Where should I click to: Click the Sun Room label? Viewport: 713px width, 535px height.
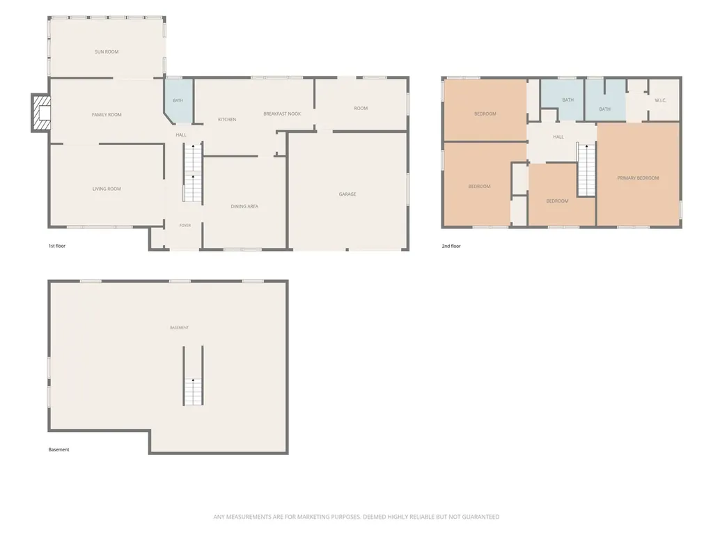pyautogui.click(x=107, y=52)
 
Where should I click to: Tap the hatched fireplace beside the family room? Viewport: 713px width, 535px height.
pyautogui.click(x=40, y=114)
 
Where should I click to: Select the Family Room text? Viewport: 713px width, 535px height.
pyautogui.click(x=107, y=115)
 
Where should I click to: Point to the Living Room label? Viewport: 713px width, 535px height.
pyautogui.click(x=107, y=189)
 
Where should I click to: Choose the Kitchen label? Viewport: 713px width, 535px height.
pyautogui.click(x=227, y=120)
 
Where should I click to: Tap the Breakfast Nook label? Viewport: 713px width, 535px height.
pyautogui.click(x=282, y=114)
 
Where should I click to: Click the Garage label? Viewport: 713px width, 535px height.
pyautogui.click(x=347, y=194)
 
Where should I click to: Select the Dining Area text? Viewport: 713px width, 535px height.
pyautogui.click(x=244, y=206)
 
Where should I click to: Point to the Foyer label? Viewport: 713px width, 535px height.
pyautogui.click(x=185, y=226)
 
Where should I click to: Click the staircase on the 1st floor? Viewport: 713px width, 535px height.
pyautogui.click(x=194, y=173)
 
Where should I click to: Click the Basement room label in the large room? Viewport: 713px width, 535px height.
pyautogui.click(x=179, y=327)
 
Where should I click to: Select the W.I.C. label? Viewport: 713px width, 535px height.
pyautogui.click(x=660, y=100)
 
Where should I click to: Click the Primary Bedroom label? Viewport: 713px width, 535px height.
pyautogui.click(x=638, y=178)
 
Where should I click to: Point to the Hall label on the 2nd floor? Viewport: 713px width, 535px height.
pyautogui.click(x=558, y=137)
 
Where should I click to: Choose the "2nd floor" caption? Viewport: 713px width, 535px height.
pyautogui.click(x=451, y=246)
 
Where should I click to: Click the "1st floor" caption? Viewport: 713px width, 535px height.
pyautogui.click(x=57, y=246)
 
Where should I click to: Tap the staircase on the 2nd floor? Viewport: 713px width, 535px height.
pyautogui.click(x=586, y=170)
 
